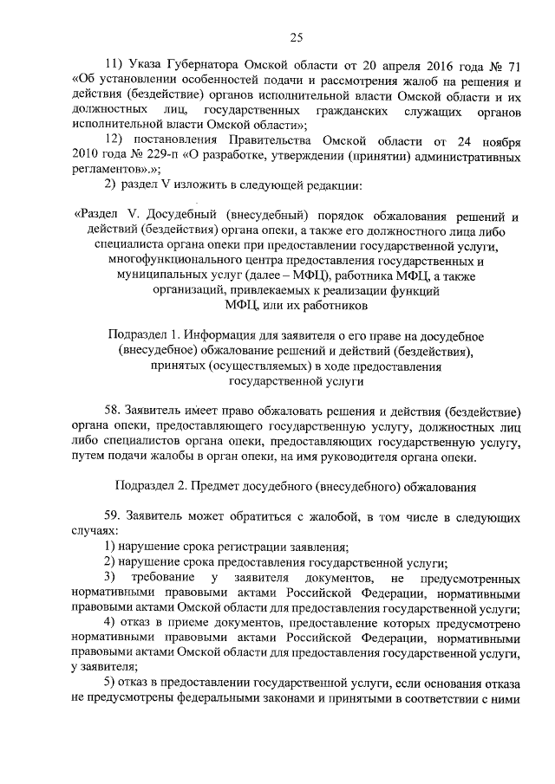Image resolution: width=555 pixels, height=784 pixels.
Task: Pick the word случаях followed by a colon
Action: click(89, 532)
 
